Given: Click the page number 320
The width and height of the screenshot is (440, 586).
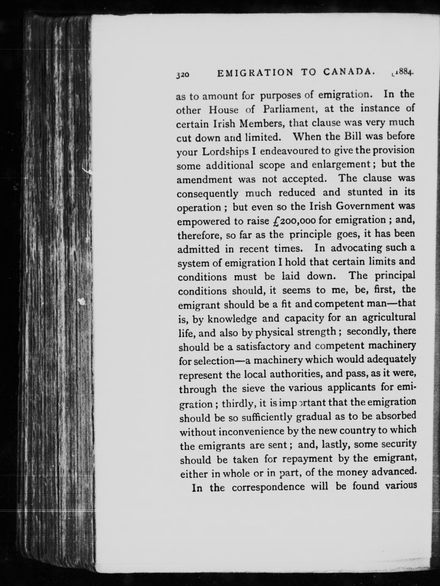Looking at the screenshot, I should (183, 75).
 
